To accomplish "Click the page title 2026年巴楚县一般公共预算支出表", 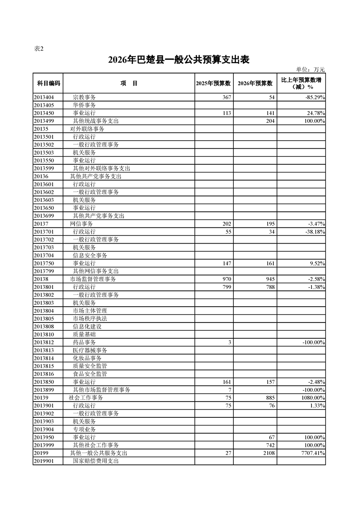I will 179,60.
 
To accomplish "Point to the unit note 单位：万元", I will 311,69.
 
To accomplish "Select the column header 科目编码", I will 49,83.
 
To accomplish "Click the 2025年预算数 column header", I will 213,83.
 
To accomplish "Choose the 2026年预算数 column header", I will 255,83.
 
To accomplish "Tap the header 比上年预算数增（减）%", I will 301,83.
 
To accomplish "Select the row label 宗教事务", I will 84,97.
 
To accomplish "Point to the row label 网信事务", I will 81,224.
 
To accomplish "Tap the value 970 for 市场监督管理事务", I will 227,279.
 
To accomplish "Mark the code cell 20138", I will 41,279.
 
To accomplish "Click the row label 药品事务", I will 84,342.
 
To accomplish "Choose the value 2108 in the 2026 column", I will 268,453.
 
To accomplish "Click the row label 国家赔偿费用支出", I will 96,461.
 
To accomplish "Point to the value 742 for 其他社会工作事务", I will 270,445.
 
